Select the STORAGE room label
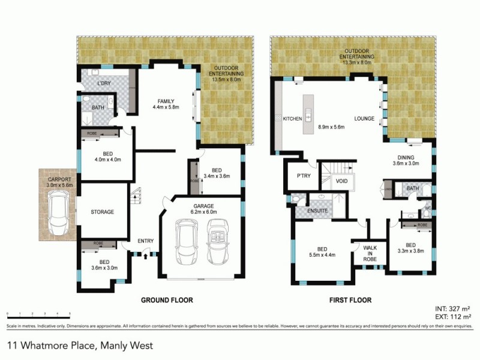click(x=102, y=212)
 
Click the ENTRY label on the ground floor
click(x=145, y=241)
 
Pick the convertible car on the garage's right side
click(x=217, y=242)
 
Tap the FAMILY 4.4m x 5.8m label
click(x=166, y=104)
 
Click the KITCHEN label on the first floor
click(x=292, y=119)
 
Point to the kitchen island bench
click(x=309, y=110)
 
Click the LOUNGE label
click(x=364, y=119)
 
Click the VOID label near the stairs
click(x=341, y=181)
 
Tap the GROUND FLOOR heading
click(x=166, y=299)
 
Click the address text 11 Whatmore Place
click(x=80, y=346)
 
